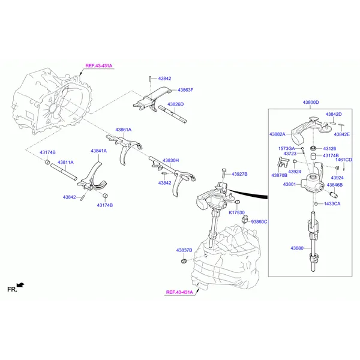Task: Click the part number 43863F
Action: [185, 90]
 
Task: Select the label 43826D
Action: [175, 104]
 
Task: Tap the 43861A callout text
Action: [124, 130]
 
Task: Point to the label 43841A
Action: [98, 151]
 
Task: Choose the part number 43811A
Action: [65, 162]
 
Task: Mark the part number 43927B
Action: [239, 174]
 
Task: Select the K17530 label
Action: [236, 212]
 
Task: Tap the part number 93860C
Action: [259, 221]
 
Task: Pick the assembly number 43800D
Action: [310, 103]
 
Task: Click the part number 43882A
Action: [277, 134]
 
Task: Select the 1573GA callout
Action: [286, 148]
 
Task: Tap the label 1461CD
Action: [344, 160]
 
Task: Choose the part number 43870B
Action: [279, 175]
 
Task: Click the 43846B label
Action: [334, 185]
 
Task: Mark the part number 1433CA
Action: [332, 204]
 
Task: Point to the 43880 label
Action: [297, 248]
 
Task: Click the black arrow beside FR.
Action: [22, 284]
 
